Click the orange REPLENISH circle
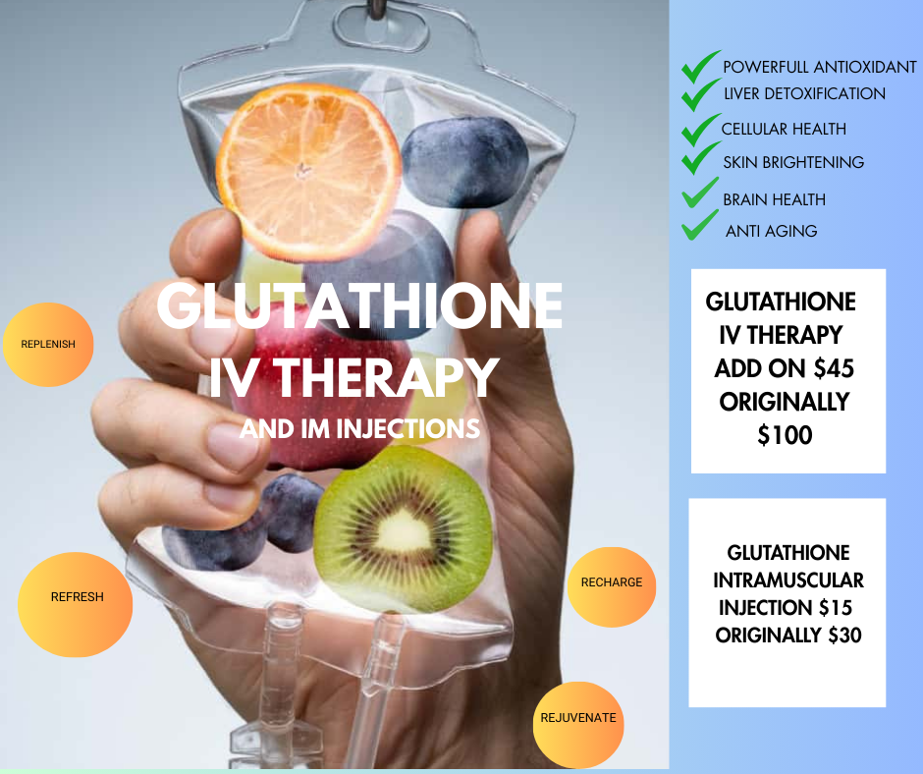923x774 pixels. [48, 345]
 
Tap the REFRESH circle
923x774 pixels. [76, 604]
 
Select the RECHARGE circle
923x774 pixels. [612, 586]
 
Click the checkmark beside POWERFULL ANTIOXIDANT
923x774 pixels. [700, 67]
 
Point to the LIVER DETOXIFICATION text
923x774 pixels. [804, 93]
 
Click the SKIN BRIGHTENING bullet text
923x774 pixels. [793, 162]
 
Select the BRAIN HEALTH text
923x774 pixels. [774, 199]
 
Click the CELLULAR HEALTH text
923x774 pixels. [784, 129]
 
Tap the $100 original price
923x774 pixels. [785, 435]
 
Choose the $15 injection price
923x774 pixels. [836, 607]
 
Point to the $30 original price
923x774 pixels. [844, 635]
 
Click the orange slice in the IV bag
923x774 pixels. [308, 172]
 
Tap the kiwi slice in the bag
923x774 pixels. [404, 529]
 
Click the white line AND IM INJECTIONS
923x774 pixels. [359, 429]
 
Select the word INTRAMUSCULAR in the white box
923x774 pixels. [788, 580]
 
